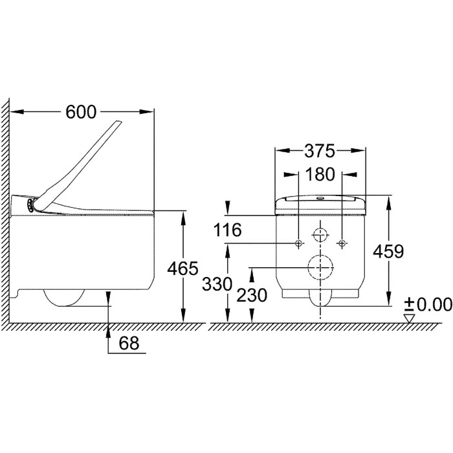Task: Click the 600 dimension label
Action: (81, 112)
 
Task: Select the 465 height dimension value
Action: (182, 268)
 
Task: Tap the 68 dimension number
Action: (129, 343)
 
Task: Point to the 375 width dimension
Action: (320, 151)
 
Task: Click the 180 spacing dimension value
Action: (320, 175)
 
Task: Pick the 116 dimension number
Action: (227, 230)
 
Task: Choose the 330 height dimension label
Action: (217, 284)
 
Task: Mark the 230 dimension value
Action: (252, 296)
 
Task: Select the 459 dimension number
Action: (388, 251)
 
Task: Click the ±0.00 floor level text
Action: (428, 305)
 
